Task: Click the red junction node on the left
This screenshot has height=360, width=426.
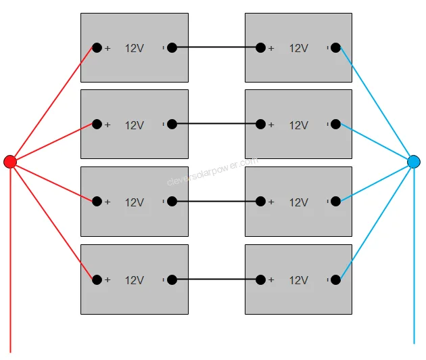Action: point(10,162)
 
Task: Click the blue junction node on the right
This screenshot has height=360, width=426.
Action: point(414,162)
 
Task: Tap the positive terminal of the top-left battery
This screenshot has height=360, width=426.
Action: point(97,47)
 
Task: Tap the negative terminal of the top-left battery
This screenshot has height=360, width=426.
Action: point(172,47)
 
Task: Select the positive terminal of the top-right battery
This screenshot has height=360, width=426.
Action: point(261,47)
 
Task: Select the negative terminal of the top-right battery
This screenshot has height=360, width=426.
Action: point(335,47)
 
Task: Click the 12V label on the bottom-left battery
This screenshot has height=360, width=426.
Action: point(135,279)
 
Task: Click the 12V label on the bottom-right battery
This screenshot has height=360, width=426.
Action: point(299,279)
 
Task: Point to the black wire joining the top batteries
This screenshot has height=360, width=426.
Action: point(216,47)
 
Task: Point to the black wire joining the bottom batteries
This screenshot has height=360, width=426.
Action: point(216,279)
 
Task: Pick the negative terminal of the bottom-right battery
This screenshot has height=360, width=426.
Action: point(335,279)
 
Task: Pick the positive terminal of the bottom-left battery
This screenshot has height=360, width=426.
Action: point(97,279)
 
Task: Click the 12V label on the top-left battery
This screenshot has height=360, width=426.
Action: point(135,48)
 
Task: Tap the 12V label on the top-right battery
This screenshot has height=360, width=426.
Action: point(299,48)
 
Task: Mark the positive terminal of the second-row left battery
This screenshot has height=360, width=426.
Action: point(97,124)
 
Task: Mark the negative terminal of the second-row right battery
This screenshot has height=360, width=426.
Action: point(335,124)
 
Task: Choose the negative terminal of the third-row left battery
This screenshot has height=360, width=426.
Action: point(172,201)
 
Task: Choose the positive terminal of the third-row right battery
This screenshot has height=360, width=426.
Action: point(261,201)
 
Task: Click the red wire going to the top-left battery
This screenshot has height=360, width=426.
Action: point(53,104)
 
